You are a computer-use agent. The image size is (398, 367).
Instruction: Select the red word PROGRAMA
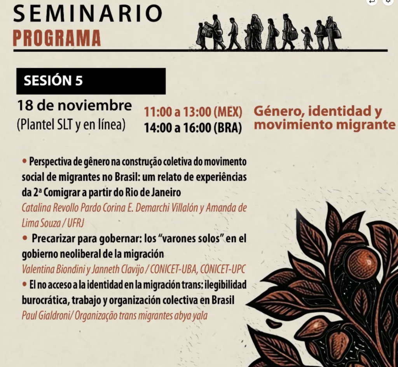[57, 38]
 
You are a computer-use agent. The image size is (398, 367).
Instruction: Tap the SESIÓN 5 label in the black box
[53, 80]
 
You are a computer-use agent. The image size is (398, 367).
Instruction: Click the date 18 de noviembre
[74, 106]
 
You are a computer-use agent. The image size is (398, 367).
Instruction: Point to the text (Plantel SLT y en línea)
[71, 125]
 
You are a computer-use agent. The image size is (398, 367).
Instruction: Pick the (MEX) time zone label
[228, 112]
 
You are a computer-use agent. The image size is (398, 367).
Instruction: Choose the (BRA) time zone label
[228, 127]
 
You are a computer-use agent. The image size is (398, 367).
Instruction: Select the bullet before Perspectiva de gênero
[24, 161]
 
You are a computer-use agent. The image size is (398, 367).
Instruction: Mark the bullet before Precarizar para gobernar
[25, 238]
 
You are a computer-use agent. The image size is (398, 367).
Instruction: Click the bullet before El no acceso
[24, 284]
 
